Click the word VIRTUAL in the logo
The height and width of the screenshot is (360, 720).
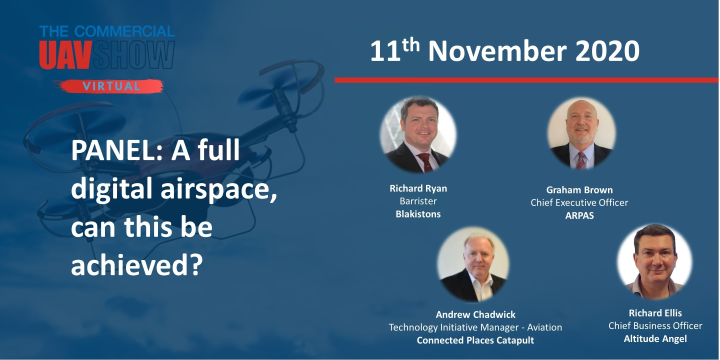click(111, 86)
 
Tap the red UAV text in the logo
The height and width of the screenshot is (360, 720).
click(65, 55)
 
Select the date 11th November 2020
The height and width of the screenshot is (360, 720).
click(504, 51)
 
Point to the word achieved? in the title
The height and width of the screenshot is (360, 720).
click(136, 265)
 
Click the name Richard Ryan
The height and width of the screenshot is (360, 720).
click(418, 188)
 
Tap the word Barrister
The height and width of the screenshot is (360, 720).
click(418, 201)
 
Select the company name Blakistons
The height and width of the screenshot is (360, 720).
click(418, 214)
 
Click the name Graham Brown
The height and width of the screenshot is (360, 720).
click(579, 190)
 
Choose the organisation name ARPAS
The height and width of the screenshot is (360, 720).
click(579, 215)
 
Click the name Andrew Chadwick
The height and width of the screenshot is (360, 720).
click(475, 314)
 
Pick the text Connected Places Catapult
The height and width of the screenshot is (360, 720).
click(475, 340)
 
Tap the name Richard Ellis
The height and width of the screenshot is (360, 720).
click(655, 313)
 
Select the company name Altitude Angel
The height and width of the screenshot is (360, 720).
click(655, 339)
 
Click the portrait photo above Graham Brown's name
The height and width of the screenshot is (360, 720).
click(581, 133)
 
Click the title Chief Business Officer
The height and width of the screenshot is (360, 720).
click(655, 326)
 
